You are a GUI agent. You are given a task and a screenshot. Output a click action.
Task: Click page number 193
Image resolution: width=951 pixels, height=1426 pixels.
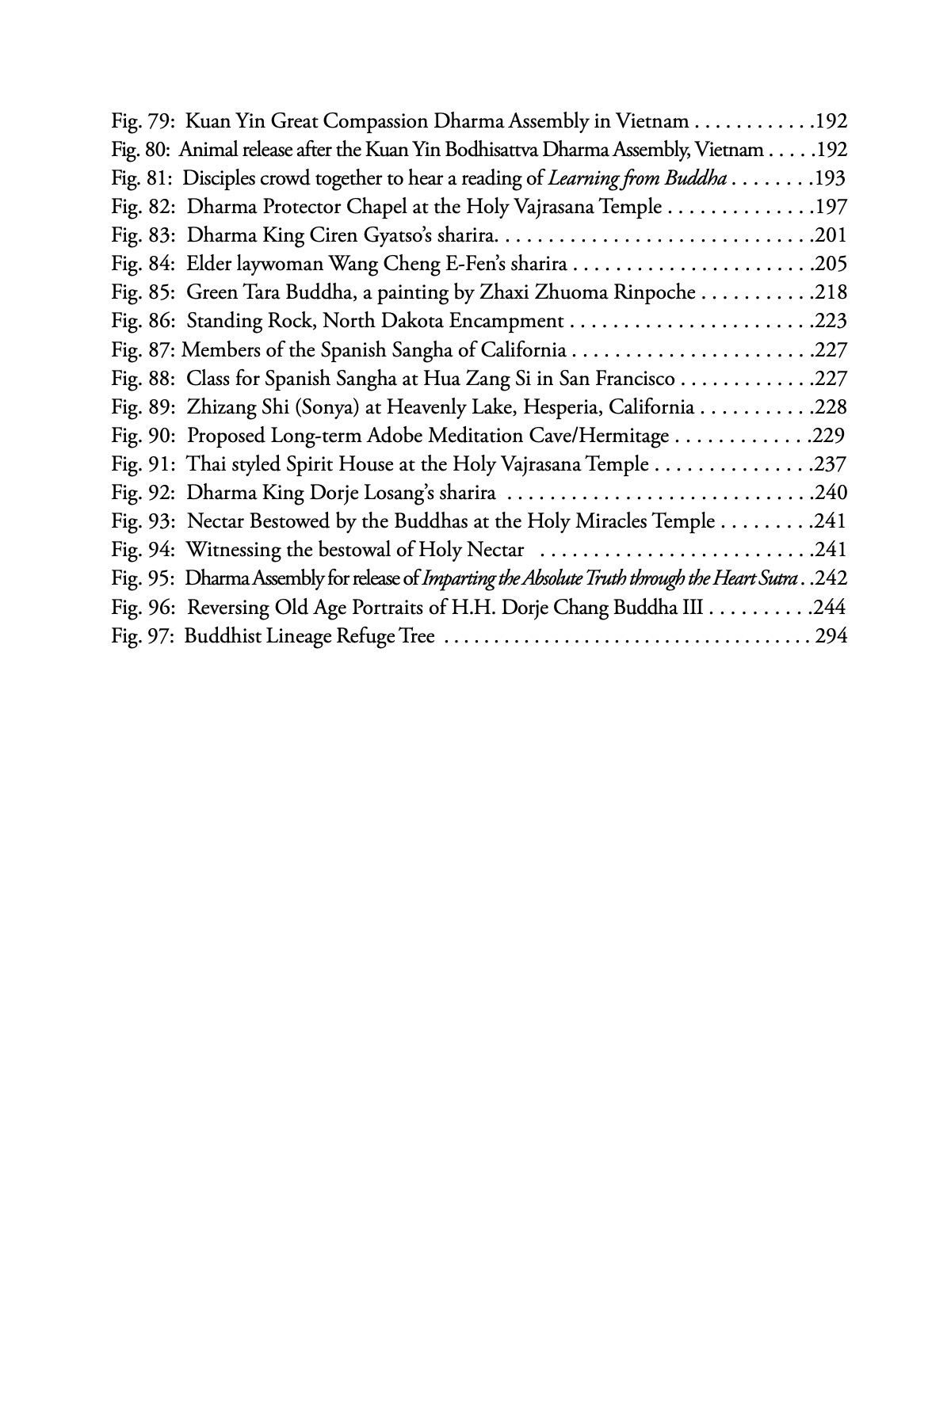[831, 178]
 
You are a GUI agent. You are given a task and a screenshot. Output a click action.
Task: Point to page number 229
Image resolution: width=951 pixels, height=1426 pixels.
[829, 436]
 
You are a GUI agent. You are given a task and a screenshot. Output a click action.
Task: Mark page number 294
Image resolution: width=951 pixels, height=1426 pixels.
[831, 636]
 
